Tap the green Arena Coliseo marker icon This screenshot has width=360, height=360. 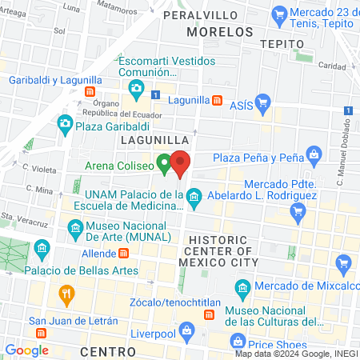click(164, 166)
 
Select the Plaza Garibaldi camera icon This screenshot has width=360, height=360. click(65, 124)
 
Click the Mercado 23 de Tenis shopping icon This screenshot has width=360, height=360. click(280, 13)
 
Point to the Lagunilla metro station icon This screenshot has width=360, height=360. click(217, 100)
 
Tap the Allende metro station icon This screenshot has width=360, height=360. click(124, 253)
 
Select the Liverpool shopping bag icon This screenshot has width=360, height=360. click(186, 329)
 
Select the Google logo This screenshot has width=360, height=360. click(27, 350)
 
